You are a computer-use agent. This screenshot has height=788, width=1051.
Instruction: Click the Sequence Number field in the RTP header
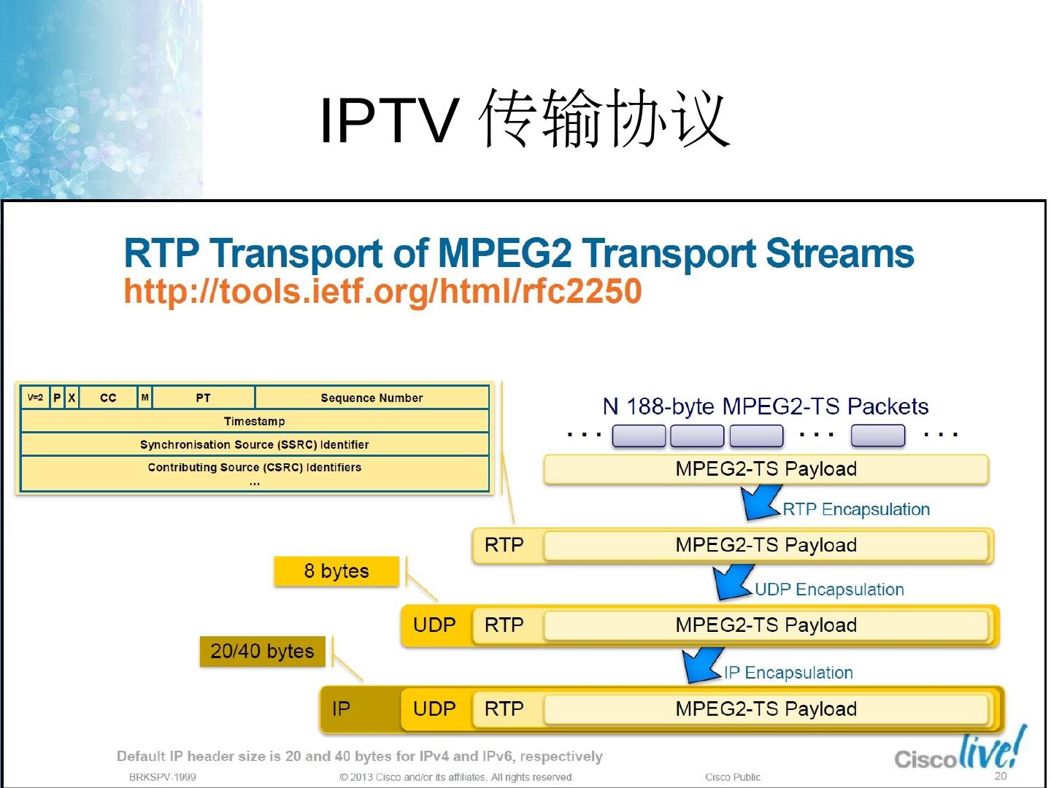point(371,398)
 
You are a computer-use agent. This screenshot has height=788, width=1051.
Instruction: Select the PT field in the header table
point(203,398)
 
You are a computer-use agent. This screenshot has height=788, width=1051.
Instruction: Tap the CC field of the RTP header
point(108,398)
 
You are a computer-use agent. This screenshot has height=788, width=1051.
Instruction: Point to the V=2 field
point(35,398)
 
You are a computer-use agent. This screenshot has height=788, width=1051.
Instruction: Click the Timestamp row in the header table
point(254,421)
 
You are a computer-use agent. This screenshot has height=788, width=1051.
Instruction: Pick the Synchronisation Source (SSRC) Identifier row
point(254,444)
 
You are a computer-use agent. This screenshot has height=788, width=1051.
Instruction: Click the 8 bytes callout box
point(336,571)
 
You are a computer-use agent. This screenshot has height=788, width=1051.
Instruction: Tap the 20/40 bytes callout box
point(262,651)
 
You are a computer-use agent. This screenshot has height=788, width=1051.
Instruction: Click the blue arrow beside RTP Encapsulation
point(759,502)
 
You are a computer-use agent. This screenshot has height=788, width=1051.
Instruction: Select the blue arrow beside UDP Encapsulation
point(731,582)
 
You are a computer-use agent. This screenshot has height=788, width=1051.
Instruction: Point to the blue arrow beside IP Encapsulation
point(701,665)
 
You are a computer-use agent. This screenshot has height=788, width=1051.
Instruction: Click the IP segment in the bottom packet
point(341,708)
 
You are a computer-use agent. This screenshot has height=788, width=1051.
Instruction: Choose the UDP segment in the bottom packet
point(434,708)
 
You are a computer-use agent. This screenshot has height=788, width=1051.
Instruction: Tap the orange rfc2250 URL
point(382,291)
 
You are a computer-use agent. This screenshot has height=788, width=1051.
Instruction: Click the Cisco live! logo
point(960,752)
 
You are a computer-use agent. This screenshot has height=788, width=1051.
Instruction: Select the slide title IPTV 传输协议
point(524,119)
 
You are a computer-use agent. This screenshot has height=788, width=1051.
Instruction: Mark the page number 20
point(1001,776)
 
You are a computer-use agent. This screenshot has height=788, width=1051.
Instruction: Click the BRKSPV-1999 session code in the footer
point(162,777)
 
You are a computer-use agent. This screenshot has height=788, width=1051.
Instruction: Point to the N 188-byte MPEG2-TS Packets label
point(765,406)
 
